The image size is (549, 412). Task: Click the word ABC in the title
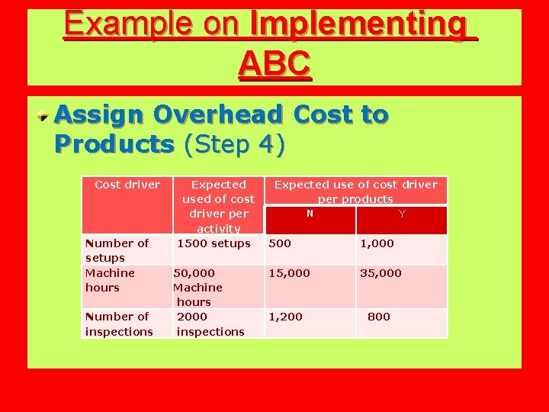(274, 64)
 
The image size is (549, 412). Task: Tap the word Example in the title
(118, 24)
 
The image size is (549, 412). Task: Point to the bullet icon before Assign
(46, 116)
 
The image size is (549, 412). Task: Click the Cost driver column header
(127, 185)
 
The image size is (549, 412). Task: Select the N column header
(310, 214)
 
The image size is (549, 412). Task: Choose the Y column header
(402, 214)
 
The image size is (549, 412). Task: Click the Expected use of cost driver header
(355, 192)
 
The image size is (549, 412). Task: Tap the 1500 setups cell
(213, 243)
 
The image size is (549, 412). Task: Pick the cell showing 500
(280, 243)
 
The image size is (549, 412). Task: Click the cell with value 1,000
(377, 243)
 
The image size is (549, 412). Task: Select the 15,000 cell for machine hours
(289, 273)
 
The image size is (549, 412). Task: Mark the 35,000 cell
(380, 273)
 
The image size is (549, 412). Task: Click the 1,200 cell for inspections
(285, 317)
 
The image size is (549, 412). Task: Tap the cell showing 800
(378, 317)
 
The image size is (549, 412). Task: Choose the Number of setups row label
(117, 250)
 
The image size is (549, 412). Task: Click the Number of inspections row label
(119, 324)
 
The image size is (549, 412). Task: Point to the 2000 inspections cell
(210, 324)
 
